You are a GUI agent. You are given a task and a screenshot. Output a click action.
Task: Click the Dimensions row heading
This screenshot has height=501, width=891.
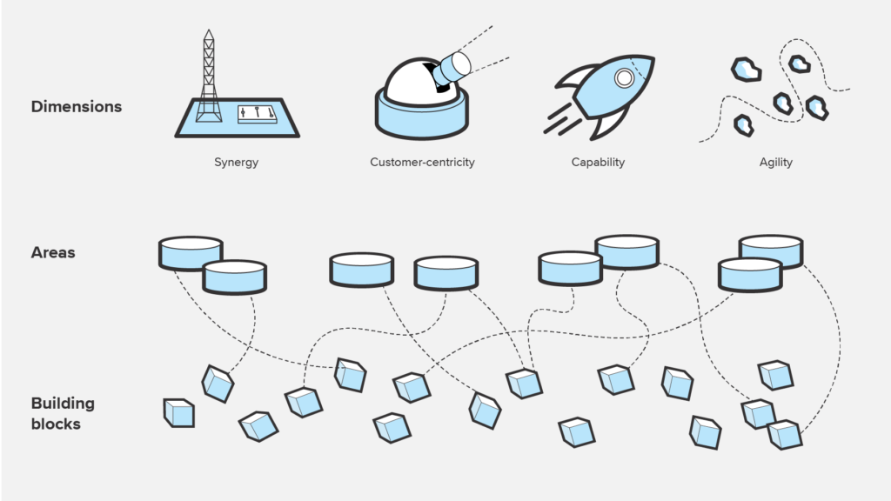click(77, 107)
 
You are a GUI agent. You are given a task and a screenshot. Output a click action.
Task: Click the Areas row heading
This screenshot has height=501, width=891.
click(53, 253)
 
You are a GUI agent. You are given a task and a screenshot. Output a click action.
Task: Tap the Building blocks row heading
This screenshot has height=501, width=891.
click(63, 413)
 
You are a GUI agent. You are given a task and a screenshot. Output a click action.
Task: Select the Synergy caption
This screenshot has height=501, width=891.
click(236, 162)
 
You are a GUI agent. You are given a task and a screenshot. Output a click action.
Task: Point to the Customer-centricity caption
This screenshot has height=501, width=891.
click(422, 162)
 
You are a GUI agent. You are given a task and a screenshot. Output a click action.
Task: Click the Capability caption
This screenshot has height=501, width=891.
click(598, 162)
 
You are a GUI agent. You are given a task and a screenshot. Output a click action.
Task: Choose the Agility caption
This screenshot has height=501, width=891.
click(775, 162)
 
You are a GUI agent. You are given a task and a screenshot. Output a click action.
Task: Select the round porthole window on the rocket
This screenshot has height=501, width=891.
click(624, 78)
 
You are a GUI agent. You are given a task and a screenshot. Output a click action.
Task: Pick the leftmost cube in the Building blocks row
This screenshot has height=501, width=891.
click(179, 412)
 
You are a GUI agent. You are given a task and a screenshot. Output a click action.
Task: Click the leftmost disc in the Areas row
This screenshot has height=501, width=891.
click(191, 252)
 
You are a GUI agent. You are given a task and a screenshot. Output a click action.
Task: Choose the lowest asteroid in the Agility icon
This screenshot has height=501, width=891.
click(742, 126)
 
